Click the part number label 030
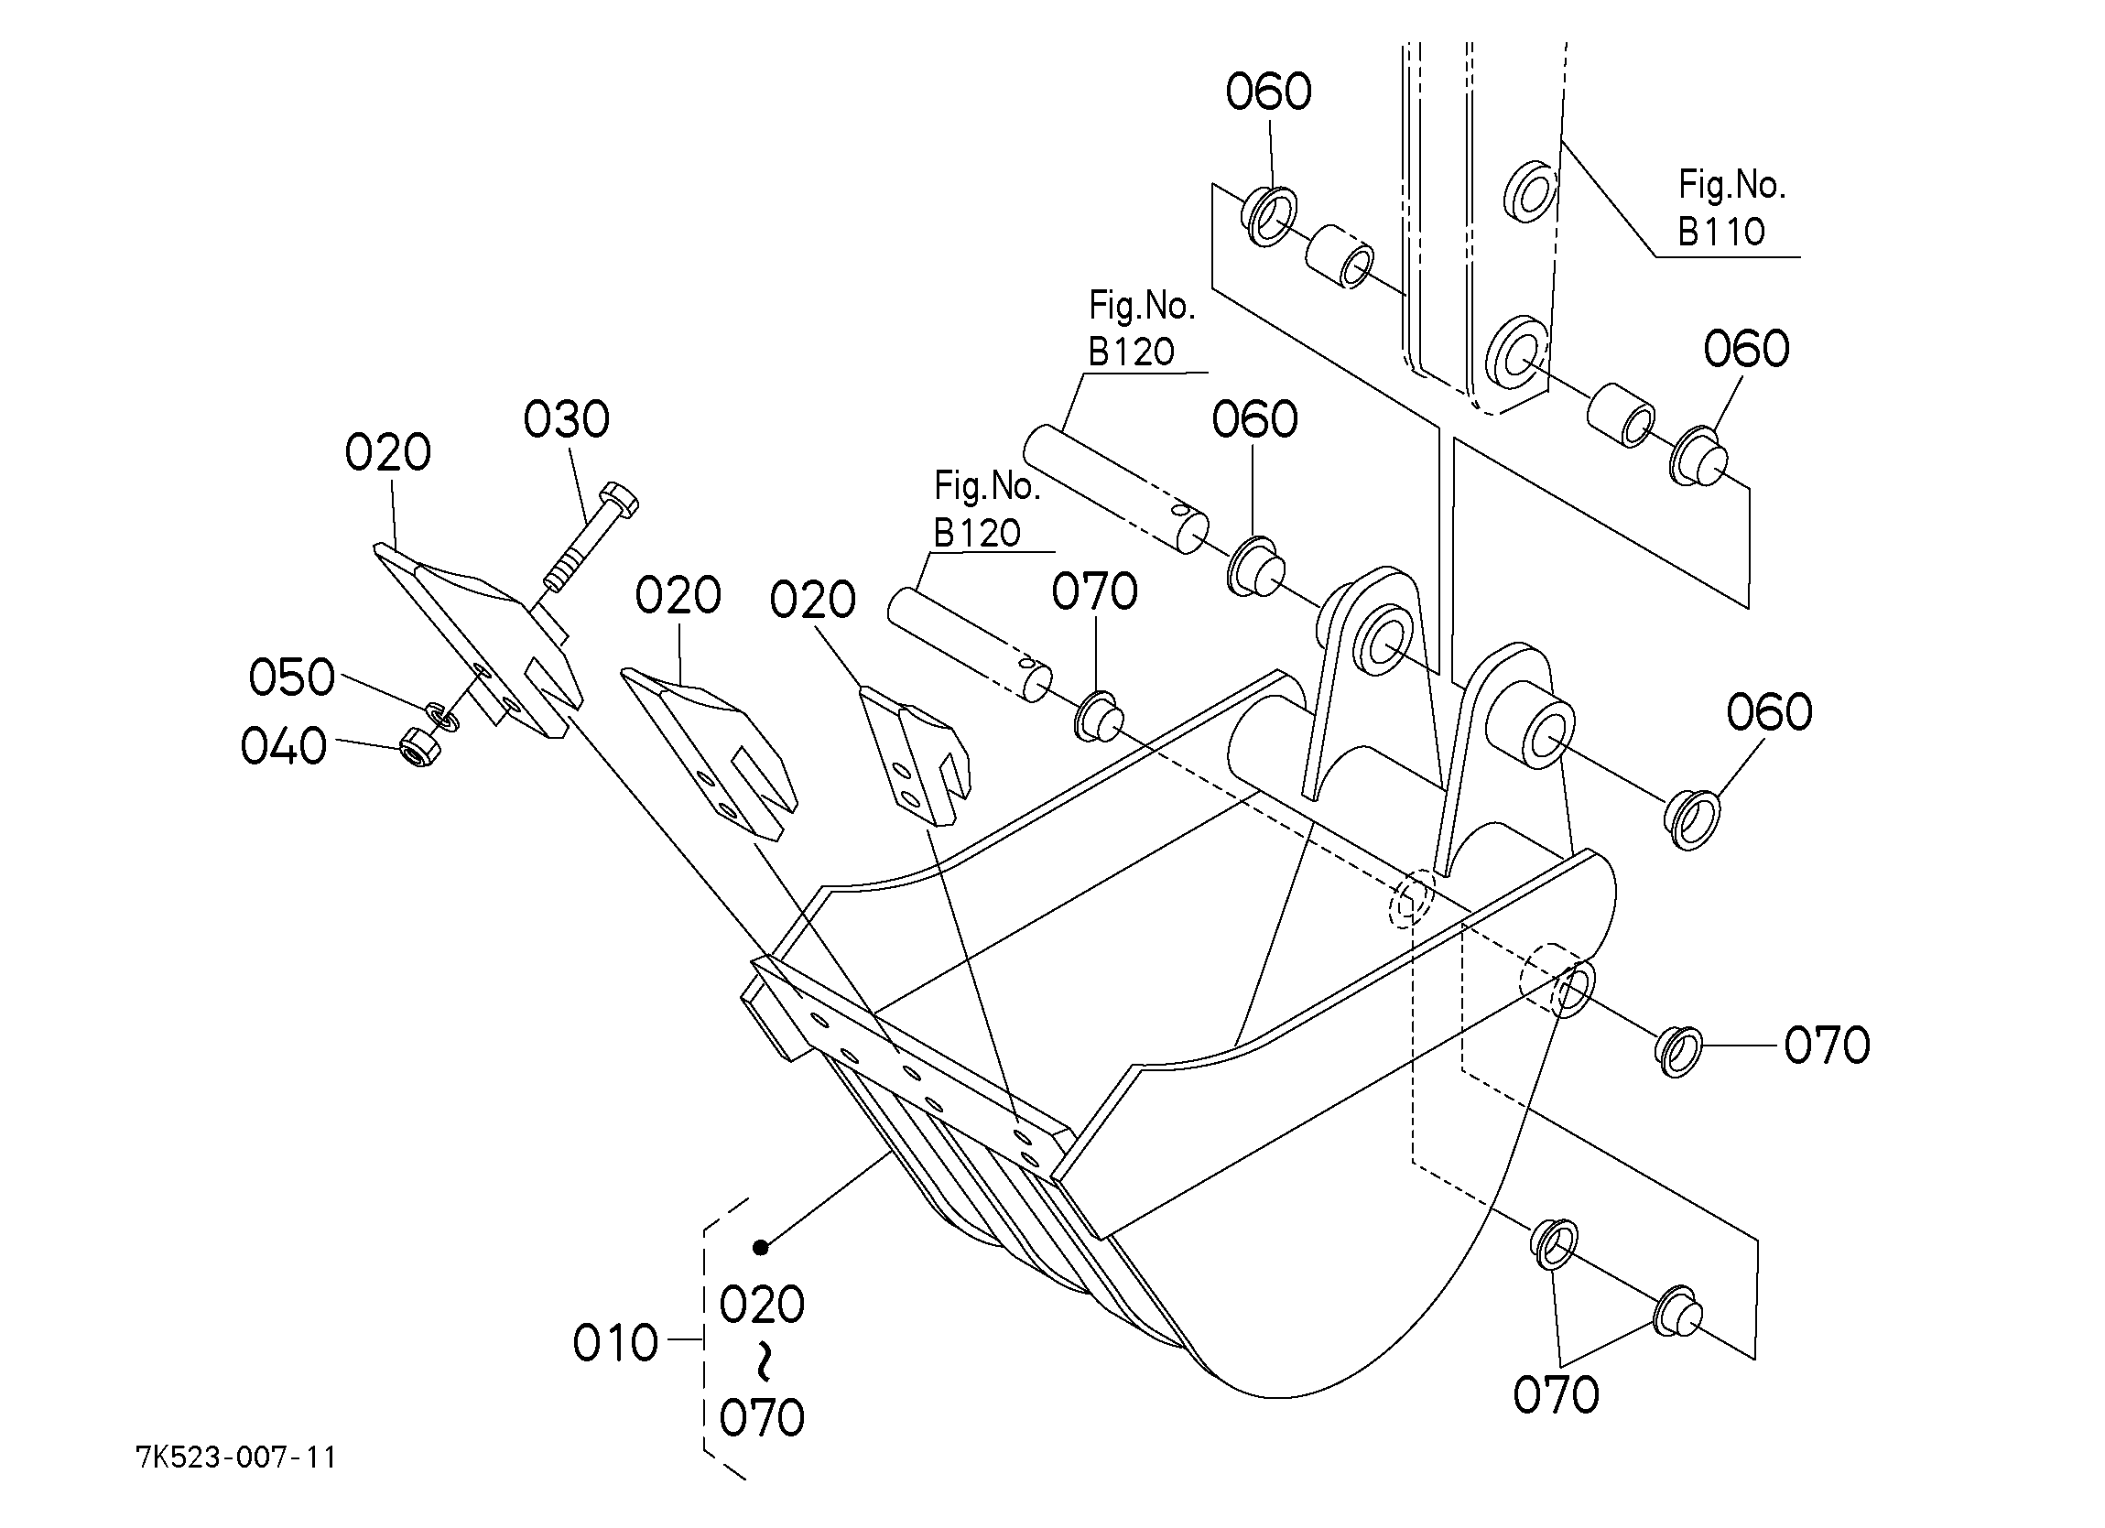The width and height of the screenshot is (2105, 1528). point(566,419)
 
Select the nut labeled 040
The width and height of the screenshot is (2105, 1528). point(412,745)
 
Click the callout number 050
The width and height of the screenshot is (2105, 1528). point(291,677)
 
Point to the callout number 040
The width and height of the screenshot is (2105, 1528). point(284,746)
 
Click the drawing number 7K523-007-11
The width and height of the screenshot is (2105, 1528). point(235,1458)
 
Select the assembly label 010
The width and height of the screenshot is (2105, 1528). point(615,1343)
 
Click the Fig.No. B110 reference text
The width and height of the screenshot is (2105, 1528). point(1731,208)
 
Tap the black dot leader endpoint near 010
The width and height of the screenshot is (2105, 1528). point(761,1248)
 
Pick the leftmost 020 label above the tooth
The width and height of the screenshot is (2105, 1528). point(388,453)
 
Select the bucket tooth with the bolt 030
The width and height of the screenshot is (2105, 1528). point(479,641)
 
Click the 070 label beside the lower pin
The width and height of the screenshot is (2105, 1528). point(1094,591)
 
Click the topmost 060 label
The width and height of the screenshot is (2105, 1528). point(1269,92)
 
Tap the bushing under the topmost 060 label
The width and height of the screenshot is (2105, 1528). point(1268,215)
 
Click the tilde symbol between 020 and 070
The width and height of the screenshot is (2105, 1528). point(762,1360)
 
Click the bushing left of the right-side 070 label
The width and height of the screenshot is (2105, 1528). point(1677,1052)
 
